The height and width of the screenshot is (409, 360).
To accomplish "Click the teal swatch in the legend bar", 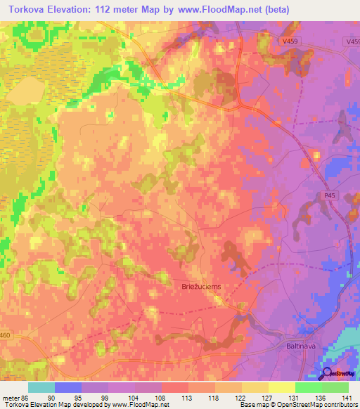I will [41, 387].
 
